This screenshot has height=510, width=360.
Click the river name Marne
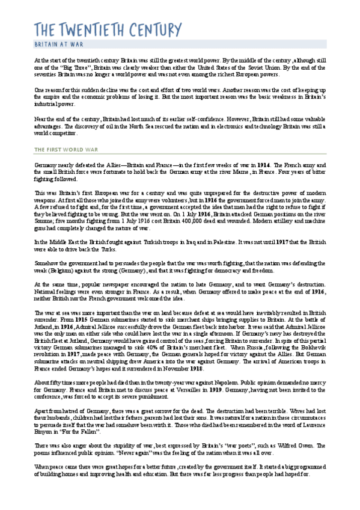[x=221, y=171]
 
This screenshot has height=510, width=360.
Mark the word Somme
[x=46, y=221]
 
